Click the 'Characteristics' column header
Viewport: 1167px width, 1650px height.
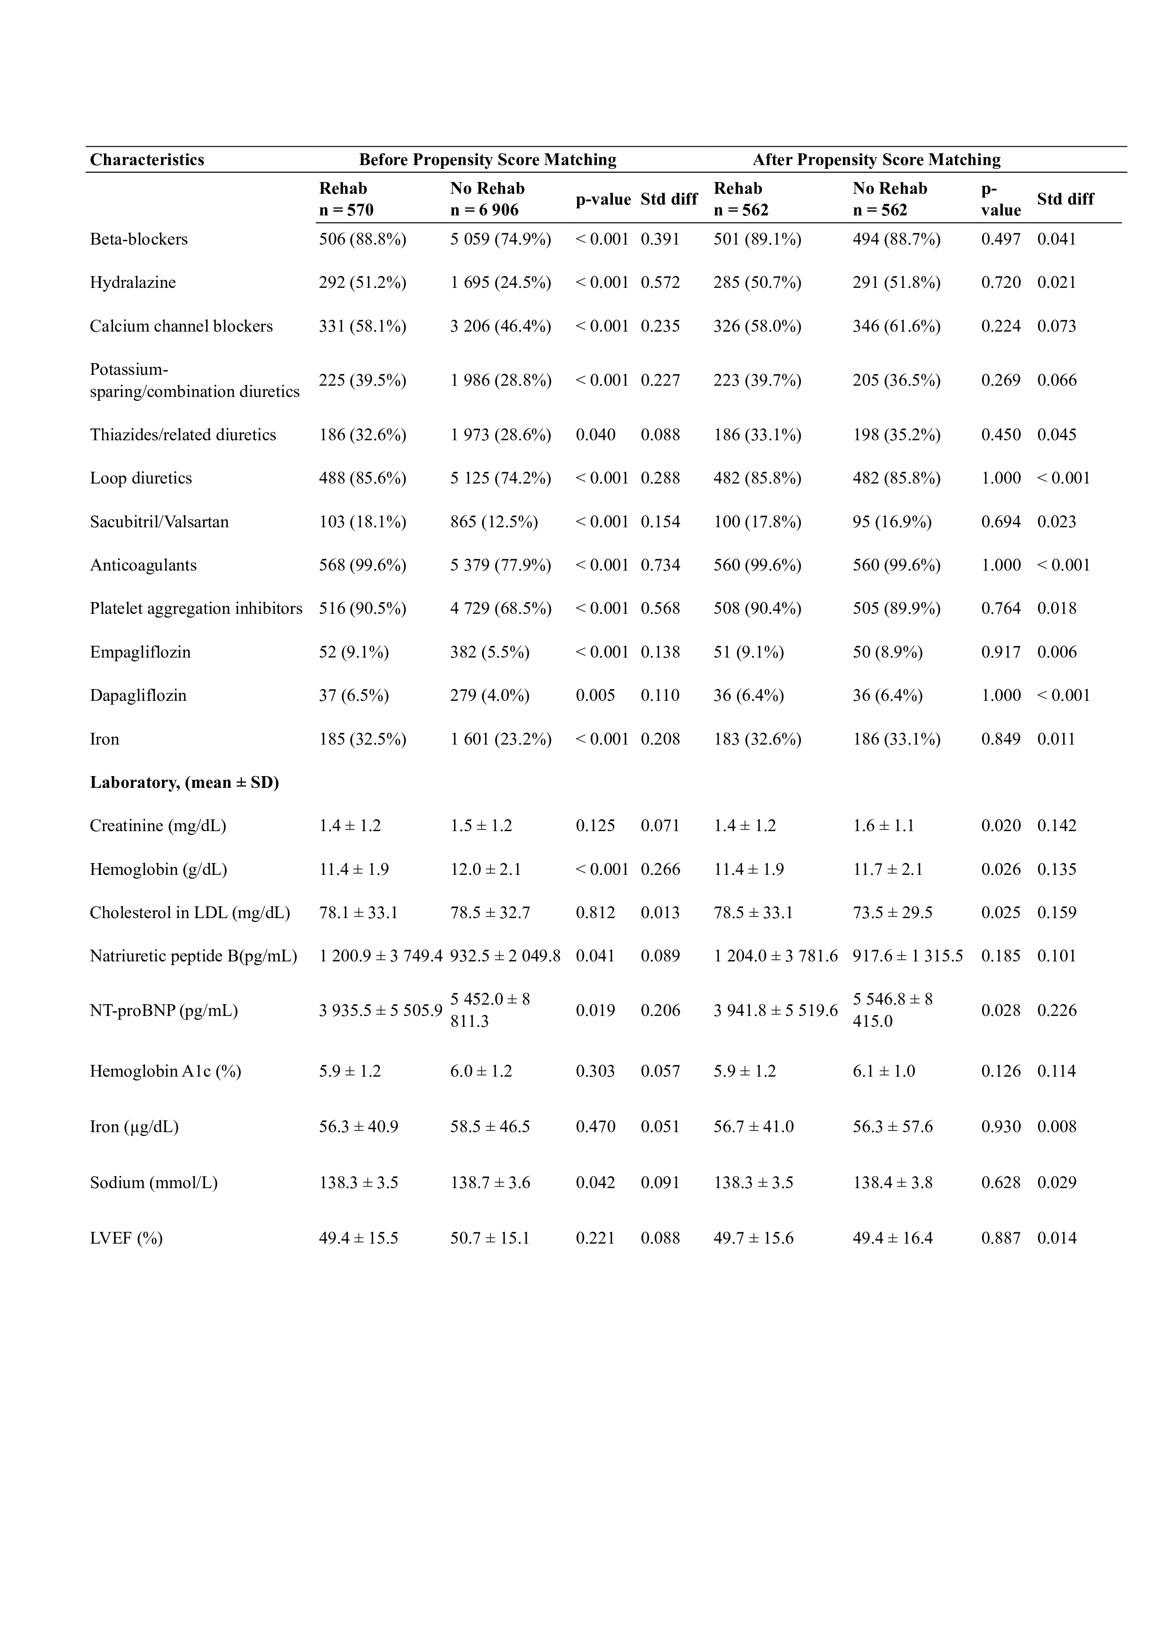(147, 159)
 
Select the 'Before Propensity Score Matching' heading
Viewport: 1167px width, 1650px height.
(487, 159)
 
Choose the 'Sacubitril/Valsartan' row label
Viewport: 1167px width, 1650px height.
(159, 522)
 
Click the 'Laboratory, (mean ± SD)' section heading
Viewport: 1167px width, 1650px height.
(184, 783)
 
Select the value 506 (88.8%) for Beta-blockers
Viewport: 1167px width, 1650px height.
(362, 239)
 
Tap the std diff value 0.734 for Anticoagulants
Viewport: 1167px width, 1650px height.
(659, 565)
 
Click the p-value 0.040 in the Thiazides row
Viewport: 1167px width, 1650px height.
(595, 435)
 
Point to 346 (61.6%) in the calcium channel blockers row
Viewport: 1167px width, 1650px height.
(896, 326)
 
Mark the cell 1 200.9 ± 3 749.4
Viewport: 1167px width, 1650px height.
(380, 956)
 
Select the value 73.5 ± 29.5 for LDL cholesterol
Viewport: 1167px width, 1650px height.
(892, 912)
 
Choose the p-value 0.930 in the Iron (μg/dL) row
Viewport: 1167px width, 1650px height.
(1000, 1126)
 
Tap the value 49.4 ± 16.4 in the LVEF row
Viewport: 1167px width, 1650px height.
(892, 1238)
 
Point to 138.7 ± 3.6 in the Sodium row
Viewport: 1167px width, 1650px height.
(490, 1182)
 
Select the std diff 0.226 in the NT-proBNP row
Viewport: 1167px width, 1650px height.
(1056, 1010)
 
